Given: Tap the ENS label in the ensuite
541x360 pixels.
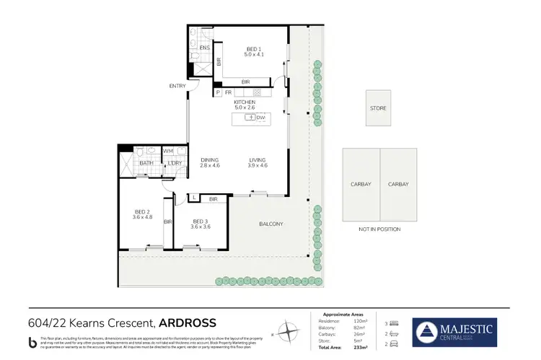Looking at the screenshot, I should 204,48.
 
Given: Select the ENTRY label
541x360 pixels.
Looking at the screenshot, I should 177,86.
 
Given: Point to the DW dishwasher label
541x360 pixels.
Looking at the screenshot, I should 260,117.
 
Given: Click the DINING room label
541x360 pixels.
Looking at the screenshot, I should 209,160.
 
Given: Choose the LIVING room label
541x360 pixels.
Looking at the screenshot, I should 258,160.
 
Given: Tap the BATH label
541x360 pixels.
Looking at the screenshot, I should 146,162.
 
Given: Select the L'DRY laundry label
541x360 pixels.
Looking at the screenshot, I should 174,162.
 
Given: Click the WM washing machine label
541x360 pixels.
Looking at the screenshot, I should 167,151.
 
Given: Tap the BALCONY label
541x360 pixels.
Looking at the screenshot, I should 271,224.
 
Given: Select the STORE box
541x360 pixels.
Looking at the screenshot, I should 378,108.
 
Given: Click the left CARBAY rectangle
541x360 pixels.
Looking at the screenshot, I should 361,184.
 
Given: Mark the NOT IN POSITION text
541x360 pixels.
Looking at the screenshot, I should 379,229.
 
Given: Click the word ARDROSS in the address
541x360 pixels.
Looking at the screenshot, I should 188,322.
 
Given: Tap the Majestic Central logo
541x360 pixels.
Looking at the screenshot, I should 454,333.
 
